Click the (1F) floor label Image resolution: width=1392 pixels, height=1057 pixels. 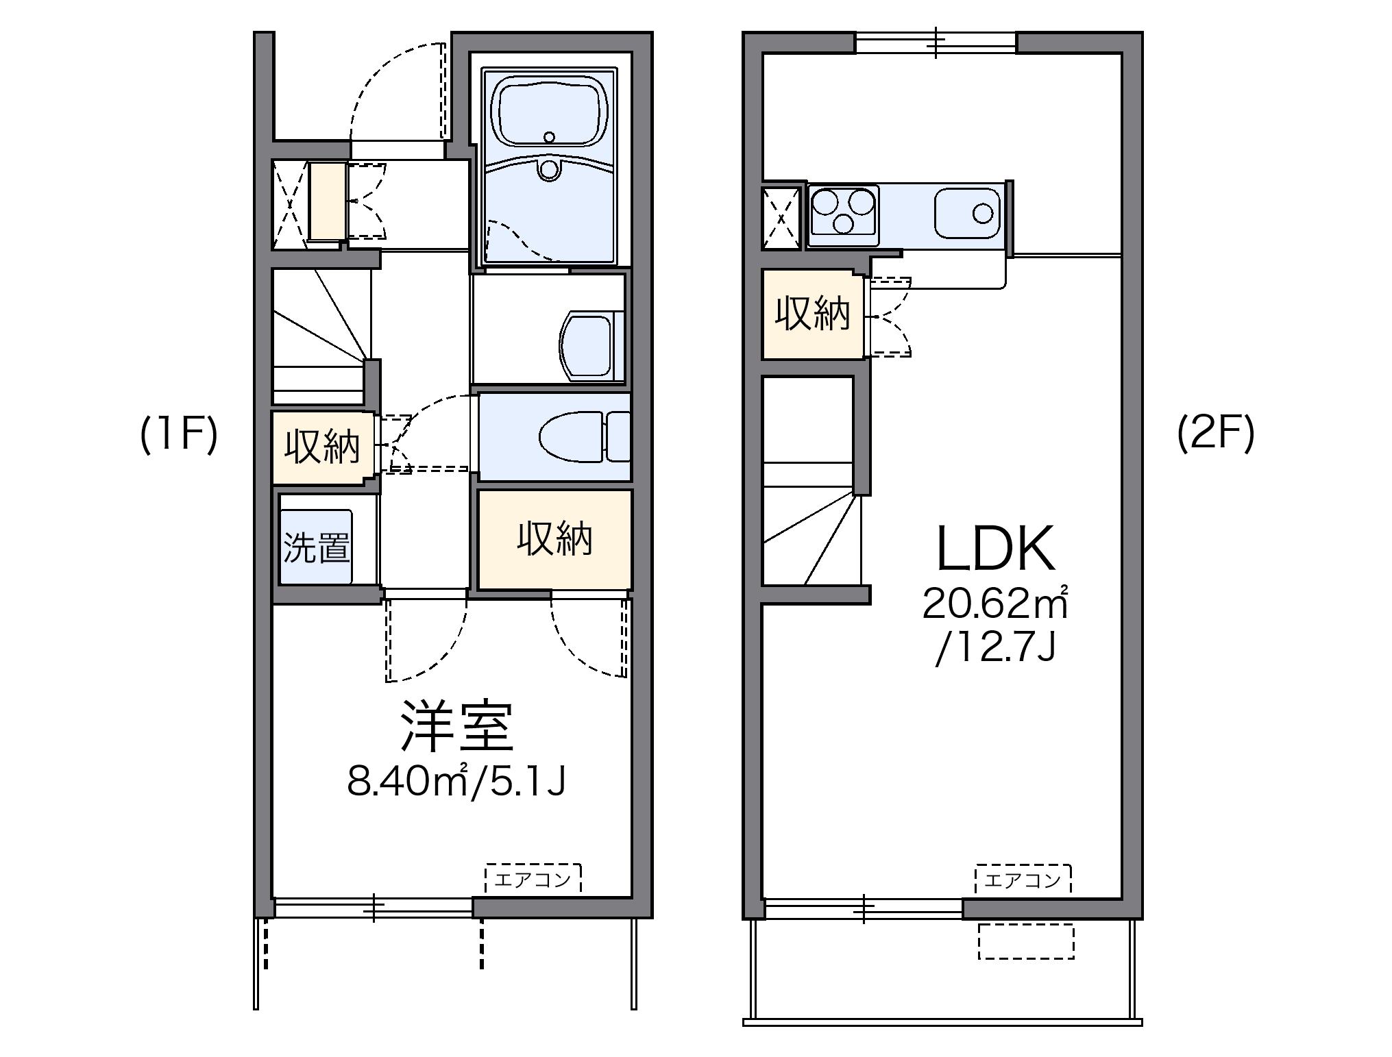[x=179, y=436]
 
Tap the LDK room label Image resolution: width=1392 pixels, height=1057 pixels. [x=995, y=550]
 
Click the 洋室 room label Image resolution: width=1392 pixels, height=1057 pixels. [x=456, y=726]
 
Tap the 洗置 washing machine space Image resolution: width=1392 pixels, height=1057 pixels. [x=316, y=547]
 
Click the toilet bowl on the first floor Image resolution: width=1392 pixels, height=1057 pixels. [x=572, y=436]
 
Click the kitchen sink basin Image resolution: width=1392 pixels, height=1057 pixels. [x=968, y=212]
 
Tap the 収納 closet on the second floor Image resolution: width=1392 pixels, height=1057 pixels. [x=812, y=314]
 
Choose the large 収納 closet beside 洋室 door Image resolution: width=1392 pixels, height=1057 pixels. [x=554, y=539]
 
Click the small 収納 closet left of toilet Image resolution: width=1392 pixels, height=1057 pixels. [x=322, y=447]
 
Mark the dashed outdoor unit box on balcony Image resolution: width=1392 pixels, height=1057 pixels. [x=1025, y=941]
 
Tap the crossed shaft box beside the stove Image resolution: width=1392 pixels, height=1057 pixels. [x=781, y=218]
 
